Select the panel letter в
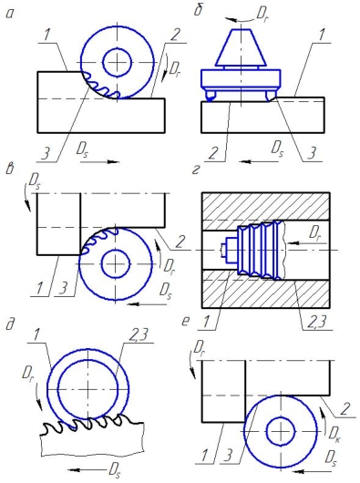tap(10, 170)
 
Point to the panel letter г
tap(196, 170)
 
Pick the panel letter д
tap(10, 325)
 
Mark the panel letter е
tap(185, 322)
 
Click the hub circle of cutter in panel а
tap(118, 63)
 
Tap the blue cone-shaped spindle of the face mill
tap(241, 47)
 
